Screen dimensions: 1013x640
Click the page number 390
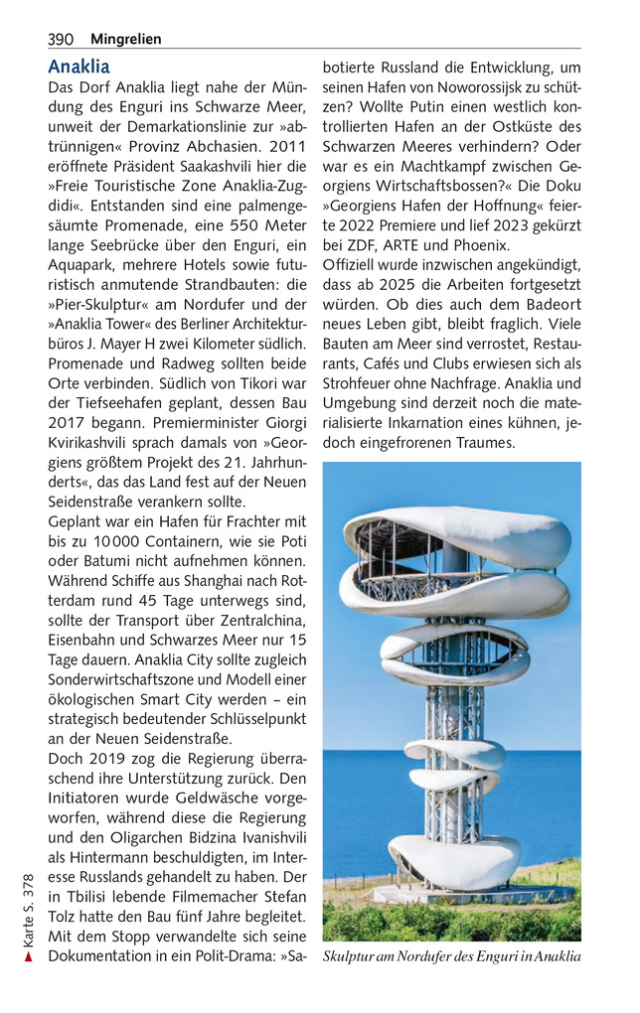[61, 40]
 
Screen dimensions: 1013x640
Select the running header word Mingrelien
[125, 40]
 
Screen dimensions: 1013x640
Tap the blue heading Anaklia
[79, 68]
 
